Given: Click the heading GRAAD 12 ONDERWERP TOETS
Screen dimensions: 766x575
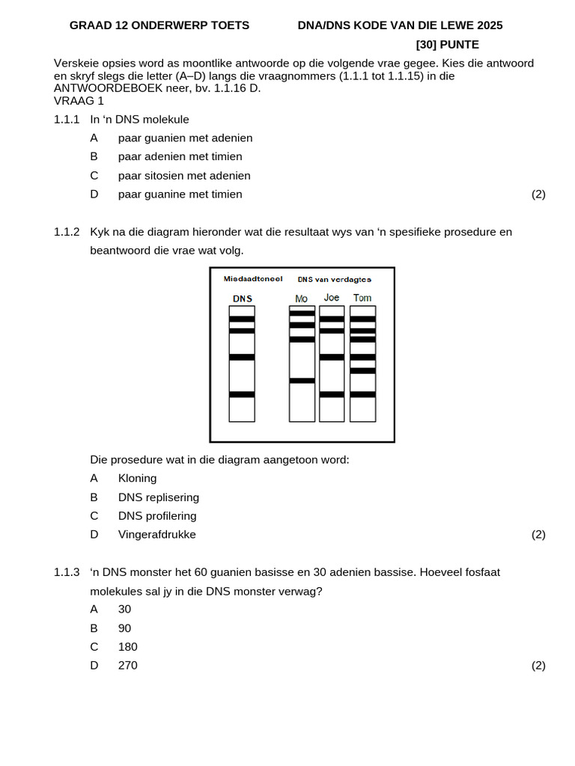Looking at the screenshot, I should [159, 25].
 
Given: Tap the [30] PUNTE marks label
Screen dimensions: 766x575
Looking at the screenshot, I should [447, 45].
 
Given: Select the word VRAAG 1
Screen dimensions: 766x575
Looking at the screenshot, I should [79, 100].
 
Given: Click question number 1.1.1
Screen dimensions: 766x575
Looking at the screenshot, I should [67, 119].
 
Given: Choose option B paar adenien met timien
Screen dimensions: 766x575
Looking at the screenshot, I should [180, 156].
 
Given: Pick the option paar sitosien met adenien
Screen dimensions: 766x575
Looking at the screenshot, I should [184, 176].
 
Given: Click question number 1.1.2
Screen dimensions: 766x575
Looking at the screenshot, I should [67, 232].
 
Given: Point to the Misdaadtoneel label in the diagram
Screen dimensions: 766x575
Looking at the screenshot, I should [253, 279].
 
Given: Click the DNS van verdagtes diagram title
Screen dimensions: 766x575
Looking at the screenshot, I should [334, 279].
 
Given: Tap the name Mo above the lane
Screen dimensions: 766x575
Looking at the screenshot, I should [302, 298].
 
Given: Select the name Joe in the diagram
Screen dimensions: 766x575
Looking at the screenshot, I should [332, 298].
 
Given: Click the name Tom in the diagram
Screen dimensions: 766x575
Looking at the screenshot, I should [362, 298].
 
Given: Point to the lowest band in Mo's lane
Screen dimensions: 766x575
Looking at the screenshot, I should [302, 381].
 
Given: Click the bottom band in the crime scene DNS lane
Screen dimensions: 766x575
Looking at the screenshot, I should [242, 394].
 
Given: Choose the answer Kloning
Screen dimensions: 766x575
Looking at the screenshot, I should [137, 478].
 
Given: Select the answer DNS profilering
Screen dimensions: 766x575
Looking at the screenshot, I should [157, 516].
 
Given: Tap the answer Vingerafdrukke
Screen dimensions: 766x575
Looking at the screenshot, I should [156, 535].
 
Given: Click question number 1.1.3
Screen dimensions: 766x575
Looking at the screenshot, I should [67, 572].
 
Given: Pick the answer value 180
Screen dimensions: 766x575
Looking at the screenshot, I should [128, 647].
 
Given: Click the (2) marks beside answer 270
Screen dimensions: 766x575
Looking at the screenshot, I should [538, 666].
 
